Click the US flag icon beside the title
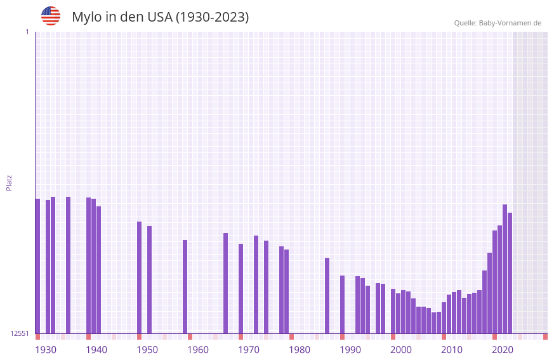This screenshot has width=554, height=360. click(51, 16)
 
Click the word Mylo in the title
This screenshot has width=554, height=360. click(88, 17)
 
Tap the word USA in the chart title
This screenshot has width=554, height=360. click(159, 17)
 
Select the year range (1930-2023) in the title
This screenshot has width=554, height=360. click(212, 17)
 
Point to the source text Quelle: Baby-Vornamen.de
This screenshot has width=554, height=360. click(498, 23)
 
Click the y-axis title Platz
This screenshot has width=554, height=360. click(9, 182)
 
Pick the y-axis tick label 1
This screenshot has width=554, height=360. click(27, 32)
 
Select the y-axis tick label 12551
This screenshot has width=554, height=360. click(20, 333)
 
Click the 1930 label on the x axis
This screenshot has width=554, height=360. click(46, 350)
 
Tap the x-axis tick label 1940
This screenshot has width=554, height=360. click(96, 350)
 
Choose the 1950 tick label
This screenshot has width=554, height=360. click(147, 350)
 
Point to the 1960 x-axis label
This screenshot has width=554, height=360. click(198, 350)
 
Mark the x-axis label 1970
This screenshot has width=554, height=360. click(249, 350)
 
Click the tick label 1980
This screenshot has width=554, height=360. click(300, 350)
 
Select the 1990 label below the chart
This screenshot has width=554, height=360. click(350, 350)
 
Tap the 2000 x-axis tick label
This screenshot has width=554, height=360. click(401, 350)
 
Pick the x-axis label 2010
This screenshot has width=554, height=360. click(452, 350)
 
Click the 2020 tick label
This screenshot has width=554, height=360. click(503, 350)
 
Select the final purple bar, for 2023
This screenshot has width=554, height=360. click(510, 273)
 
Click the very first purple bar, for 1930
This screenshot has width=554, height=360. click(37, 266)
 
